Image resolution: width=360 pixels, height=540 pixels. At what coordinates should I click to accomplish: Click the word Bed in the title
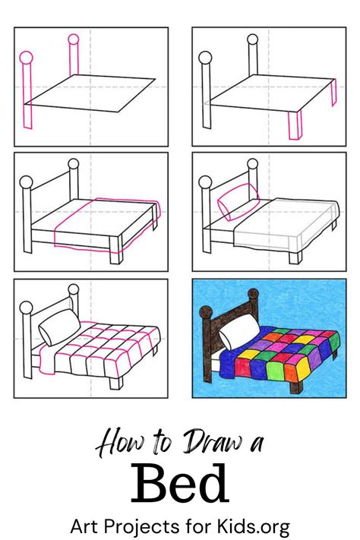pos(180,484)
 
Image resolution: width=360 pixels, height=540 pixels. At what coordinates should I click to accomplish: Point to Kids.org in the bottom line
pos(253,526)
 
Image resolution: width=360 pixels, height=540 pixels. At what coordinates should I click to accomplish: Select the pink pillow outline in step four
pos(238,201)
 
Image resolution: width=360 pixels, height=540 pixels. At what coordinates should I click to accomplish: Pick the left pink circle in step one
pos(26,58)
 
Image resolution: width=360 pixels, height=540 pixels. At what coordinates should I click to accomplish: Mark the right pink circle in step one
pos(74,39)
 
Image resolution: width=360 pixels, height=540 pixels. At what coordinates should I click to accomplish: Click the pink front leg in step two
pos(295,125)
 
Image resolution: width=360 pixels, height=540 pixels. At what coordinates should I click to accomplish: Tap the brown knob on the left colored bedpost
pos(206,313)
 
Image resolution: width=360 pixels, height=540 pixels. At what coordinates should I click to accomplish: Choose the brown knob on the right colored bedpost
pos(253,295)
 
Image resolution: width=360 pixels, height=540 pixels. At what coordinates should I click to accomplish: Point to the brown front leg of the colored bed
pos(296,387)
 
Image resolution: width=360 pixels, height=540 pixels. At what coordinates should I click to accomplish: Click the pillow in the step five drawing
pos(59,327)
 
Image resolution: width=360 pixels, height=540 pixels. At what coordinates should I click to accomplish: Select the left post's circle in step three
pos(26,182)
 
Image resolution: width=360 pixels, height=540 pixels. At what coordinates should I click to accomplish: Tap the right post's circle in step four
pos(252,164)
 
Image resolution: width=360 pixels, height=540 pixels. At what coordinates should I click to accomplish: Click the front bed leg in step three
pos(116,250)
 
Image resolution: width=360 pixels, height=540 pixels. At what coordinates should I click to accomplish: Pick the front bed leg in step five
pos(116,383)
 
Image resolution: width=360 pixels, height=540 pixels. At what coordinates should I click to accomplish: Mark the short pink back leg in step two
pos(334,93)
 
